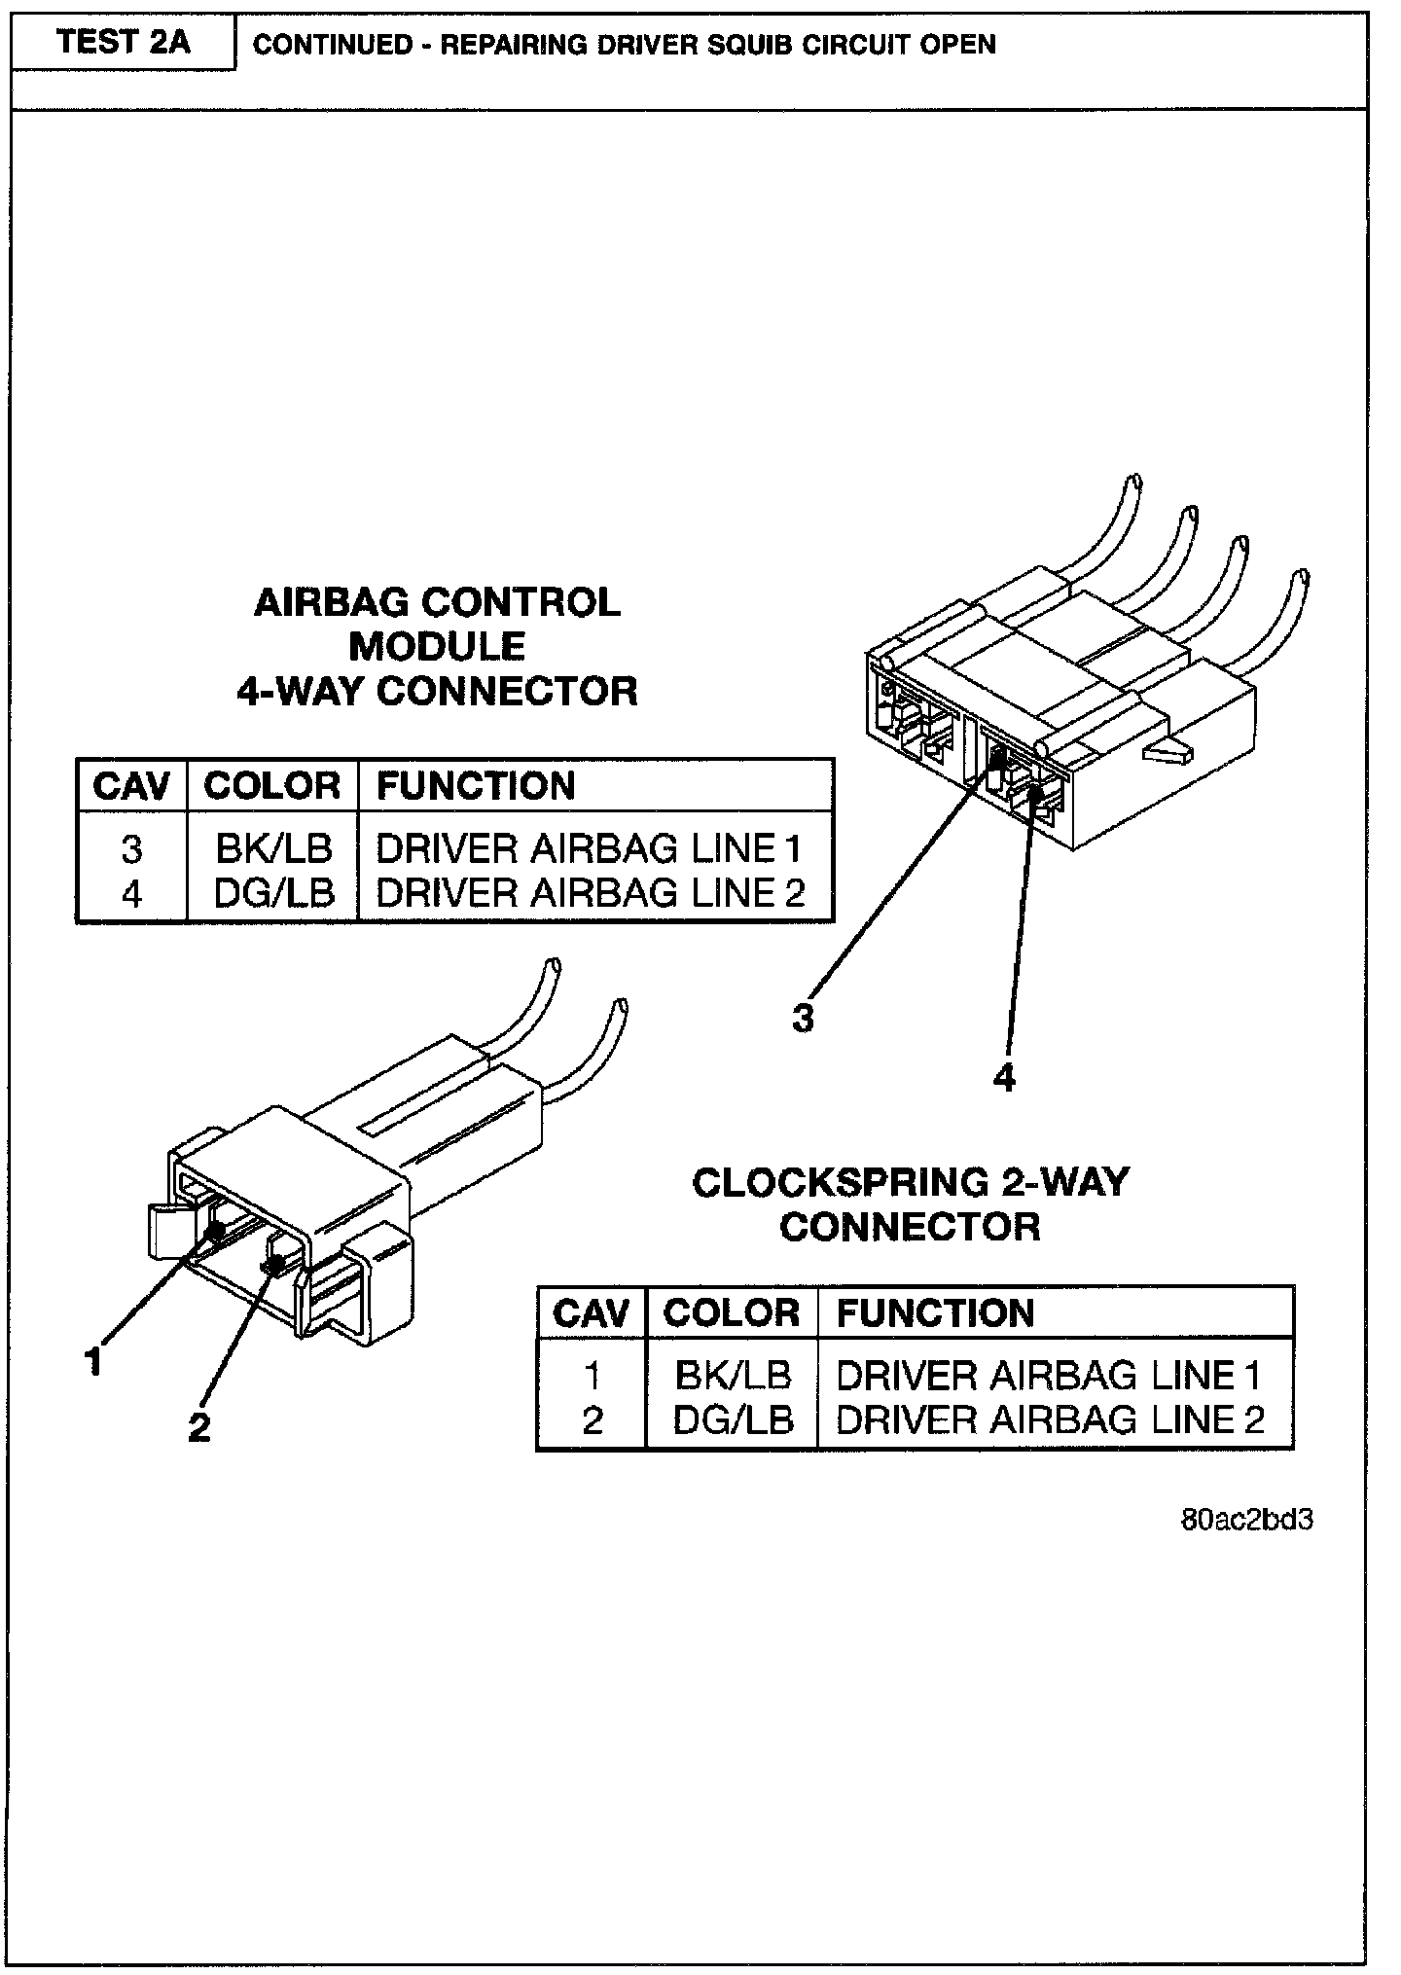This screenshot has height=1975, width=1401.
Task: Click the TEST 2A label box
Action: click(x=123, y=43)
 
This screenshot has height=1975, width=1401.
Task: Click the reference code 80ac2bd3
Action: click(x=1246, y=1520)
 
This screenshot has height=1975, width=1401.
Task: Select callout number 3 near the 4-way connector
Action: click(x=803, y=1019)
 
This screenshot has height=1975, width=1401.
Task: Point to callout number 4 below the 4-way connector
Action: click(x=1005, y=1077)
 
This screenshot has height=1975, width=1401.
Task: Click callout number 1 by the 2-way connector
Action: click(x=93, y=1362)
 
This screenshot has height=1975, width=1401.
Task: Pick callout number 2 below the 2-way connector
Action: click(x=198, y=1427)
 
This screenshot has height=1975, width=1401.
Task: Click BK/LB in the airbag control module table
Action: click(x=273, y=849)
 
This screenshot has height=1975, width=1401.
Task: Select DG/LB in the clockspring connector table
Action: click(x=733, y=1420)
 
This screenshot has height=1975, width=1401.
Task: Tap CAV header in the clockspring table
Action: click(x=592, y=1313)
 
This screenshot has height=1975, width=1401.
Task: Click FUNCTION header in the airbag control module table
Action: click(x=476, y=786)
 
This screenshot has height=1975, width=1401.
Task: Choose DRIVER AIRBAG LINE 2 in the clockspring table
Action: click(x=1050, y=1420)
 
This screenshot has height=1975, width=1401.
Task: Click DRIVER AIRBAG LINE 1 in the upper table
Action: click(x=589, y=849)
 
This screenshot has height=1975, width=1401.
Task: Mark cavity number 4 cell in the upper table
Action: click(x=131, y=894)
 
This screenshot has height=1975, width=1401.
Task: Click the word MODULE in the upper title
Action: click(x=437, y=647)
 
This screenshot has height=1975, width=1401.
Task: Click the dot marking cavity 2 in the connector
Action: click(x=274, y=1265)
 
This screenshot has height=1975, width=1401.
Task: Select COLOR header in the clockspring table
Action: click(x=732, y=1313)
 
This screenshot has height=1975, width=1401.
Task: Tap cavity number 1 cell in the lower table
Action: click(x=592, y=1377)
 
